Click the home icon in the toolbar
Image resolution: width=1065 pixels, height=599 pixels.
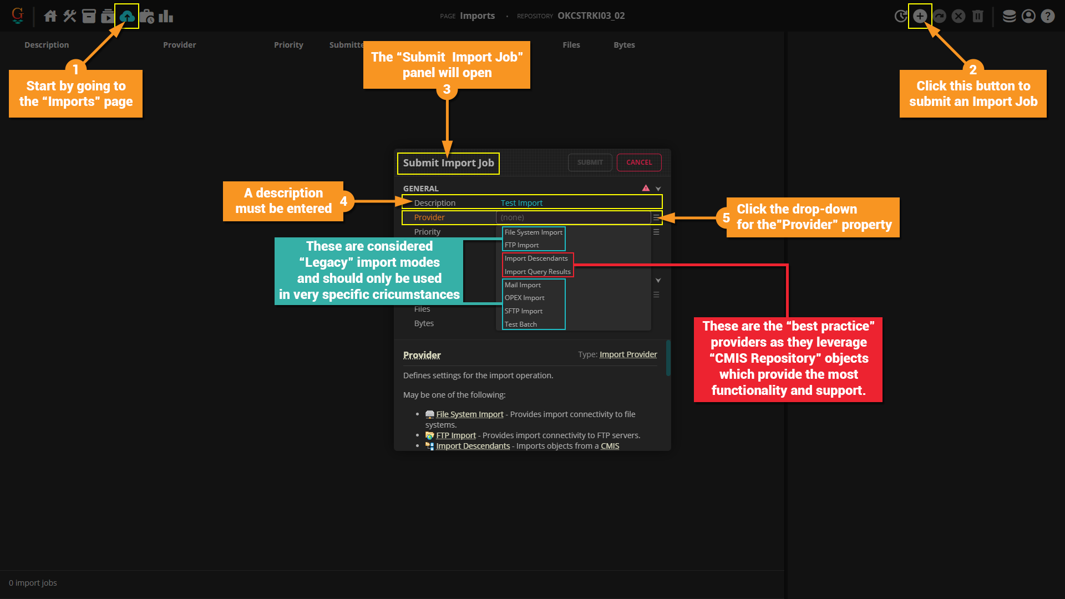pyautogui.click(x=50, y=16)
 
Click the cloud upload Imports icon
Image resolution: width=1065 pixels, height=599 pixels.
pyautogui.click(x=127, y=16)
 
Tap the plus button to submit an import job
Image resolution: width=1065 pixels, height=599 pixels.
pyautogui.click(x=920, y=16)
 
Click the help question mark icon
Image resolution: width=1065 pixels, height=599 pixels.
pyautogui.click(x=1047, y=16)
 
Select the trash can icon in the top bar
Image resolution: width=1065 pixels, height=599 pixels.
pyautogui.click(x=977, y=16)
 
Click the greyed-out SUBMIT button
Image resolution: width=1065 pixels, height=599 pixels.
pyautogui.click(x=590, y=163)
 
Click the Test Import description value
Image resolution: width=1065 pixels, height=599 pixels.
pyautogui.click(x=521, y=203)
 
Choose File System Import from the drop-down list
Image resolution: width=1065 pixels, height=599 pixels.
pyautogui.click(x=533, y=232)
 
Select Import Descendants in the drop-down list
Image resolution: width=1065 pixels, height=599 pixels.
pyautogui.click(x=536, y=258)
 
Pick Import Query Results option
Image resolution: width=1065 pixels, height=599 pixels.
pyautogui.click(x=537, y=272)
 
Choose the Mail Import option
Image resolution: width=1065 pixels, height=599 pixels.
pyautogui.click(x=523, y=285)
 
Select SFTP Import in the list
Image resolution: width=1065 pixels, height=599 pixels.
pyautogui.click(x=523, y=311)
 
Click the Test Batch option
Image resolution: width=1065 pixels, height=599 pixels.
pyautogui.click(x=520, y=324)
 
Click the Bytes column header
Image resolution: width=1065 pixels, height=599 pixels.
pyautogui.click(x=624, y=45)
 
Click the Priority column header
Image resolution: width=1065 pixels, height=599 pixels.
pyautogui.click(x=288, y=45)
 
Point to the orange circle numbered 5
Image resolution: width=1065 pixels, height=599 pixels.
pyautogui.click(x=726, y=218)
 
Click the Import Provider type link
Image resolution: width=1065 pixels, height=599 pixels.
pyautogui.click(x=628, y=354)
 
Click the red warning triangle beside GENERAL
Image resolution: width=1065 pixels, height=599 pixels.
pyautogui.click(x=646, y=189)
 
